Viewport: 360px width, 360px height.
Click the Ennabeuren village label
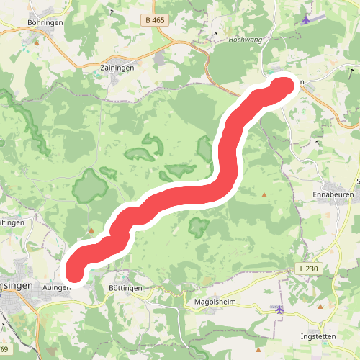331,194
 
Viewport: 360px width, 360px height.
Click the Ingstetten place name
320,336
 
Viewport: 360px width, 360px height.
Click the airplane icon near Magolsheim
279,310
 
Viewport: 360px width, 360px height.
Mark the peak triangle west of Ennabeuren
264,194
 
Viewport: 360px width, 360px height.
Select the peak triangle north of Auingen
91,231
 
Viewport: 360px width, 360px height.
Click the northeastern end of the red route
285,86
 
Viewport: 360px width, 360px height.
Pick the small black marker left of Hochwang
215,33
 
